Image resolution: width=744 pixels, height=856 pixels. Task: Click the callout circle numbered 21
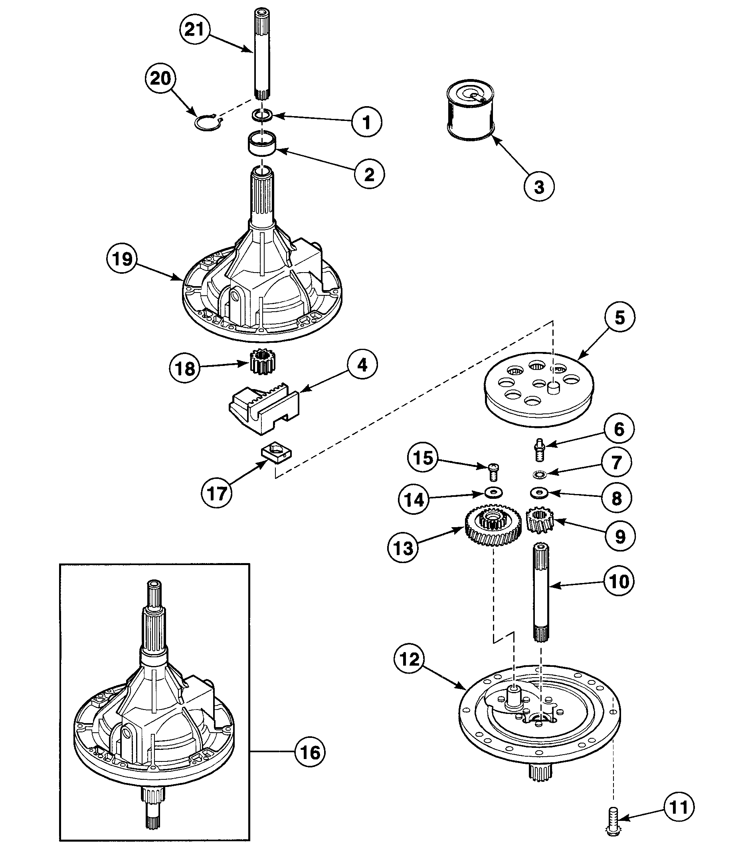coord(195,29)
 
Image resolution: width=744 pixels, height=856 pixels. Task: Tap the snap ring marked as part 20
coord(208,123)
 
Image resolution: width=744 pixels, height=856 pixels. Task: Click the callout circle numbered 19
coord(123,259)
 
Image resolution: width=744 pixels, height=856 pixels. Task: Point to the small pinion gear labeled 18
coord(263,362)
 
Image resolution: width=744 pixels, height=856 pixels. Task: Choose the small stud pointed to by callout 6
coord(539,449)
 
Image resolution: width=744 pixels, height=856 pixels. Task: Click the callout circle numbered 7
coord(617,462)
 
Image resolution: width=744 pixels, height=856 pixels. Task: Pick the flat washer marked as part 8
coord(539,493)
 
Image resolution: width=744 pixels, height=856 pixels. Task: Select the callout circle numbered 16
coord(310,752)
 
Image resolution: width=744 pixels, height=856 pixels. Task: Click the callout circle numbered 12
coord(410,659)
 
